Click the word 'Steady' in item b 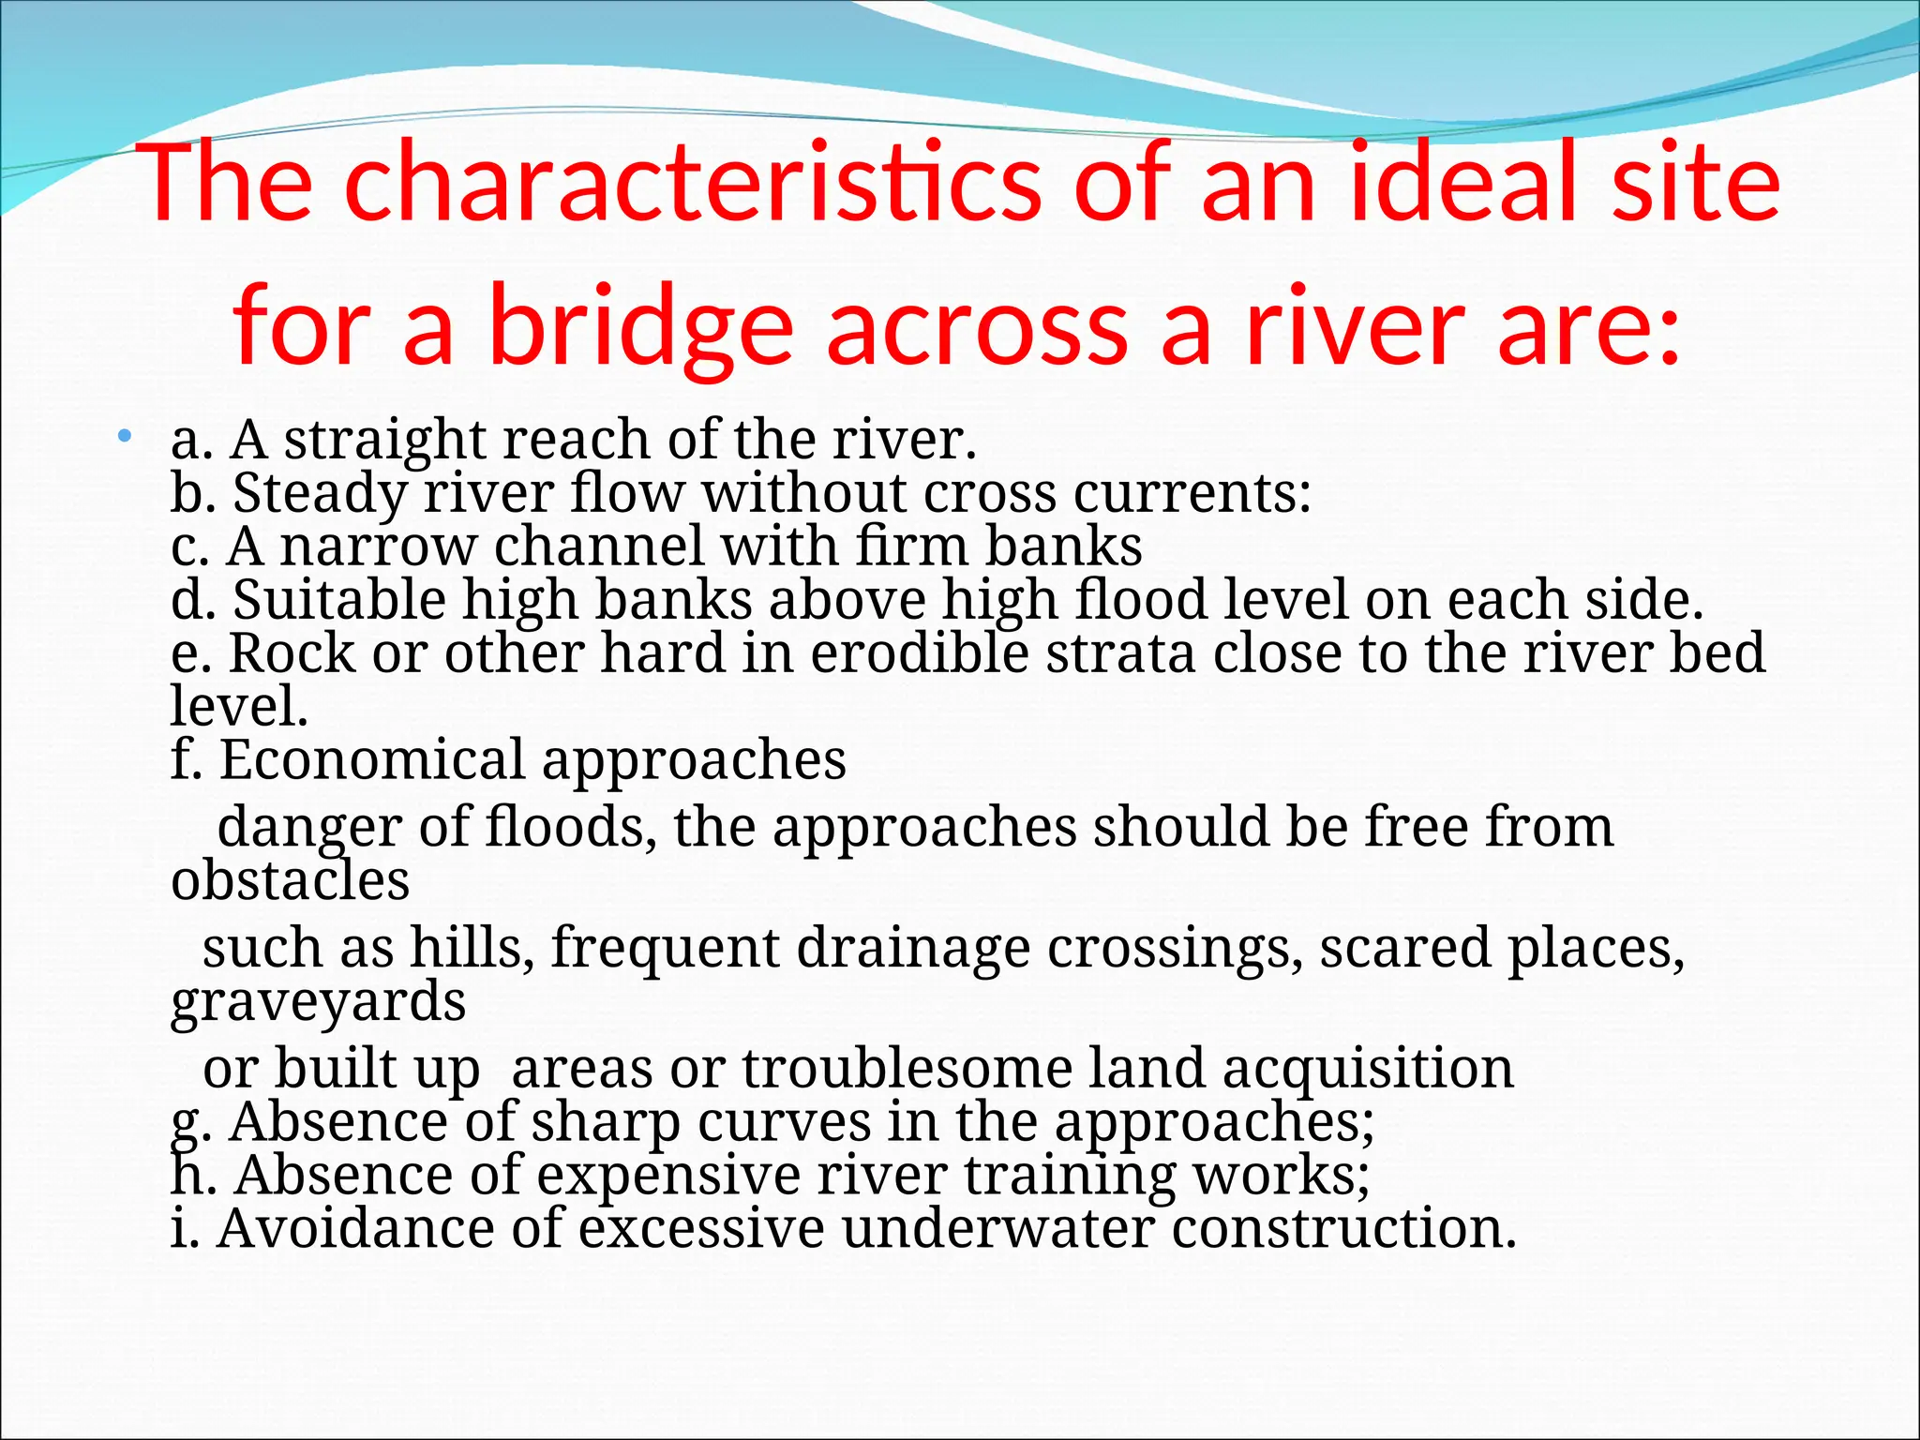point(320,493)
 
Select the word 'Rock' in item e point(292,653)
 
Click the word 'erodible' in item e point(919,653)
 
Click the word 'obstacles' point(291,881)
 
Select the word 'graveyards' point(319,1001)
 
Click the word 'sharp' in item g point(606,1122)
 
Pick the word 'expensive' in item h point(667,1176)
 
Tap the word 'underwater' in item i point(997,1229)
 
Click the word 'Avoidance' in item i point(355,1229)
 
